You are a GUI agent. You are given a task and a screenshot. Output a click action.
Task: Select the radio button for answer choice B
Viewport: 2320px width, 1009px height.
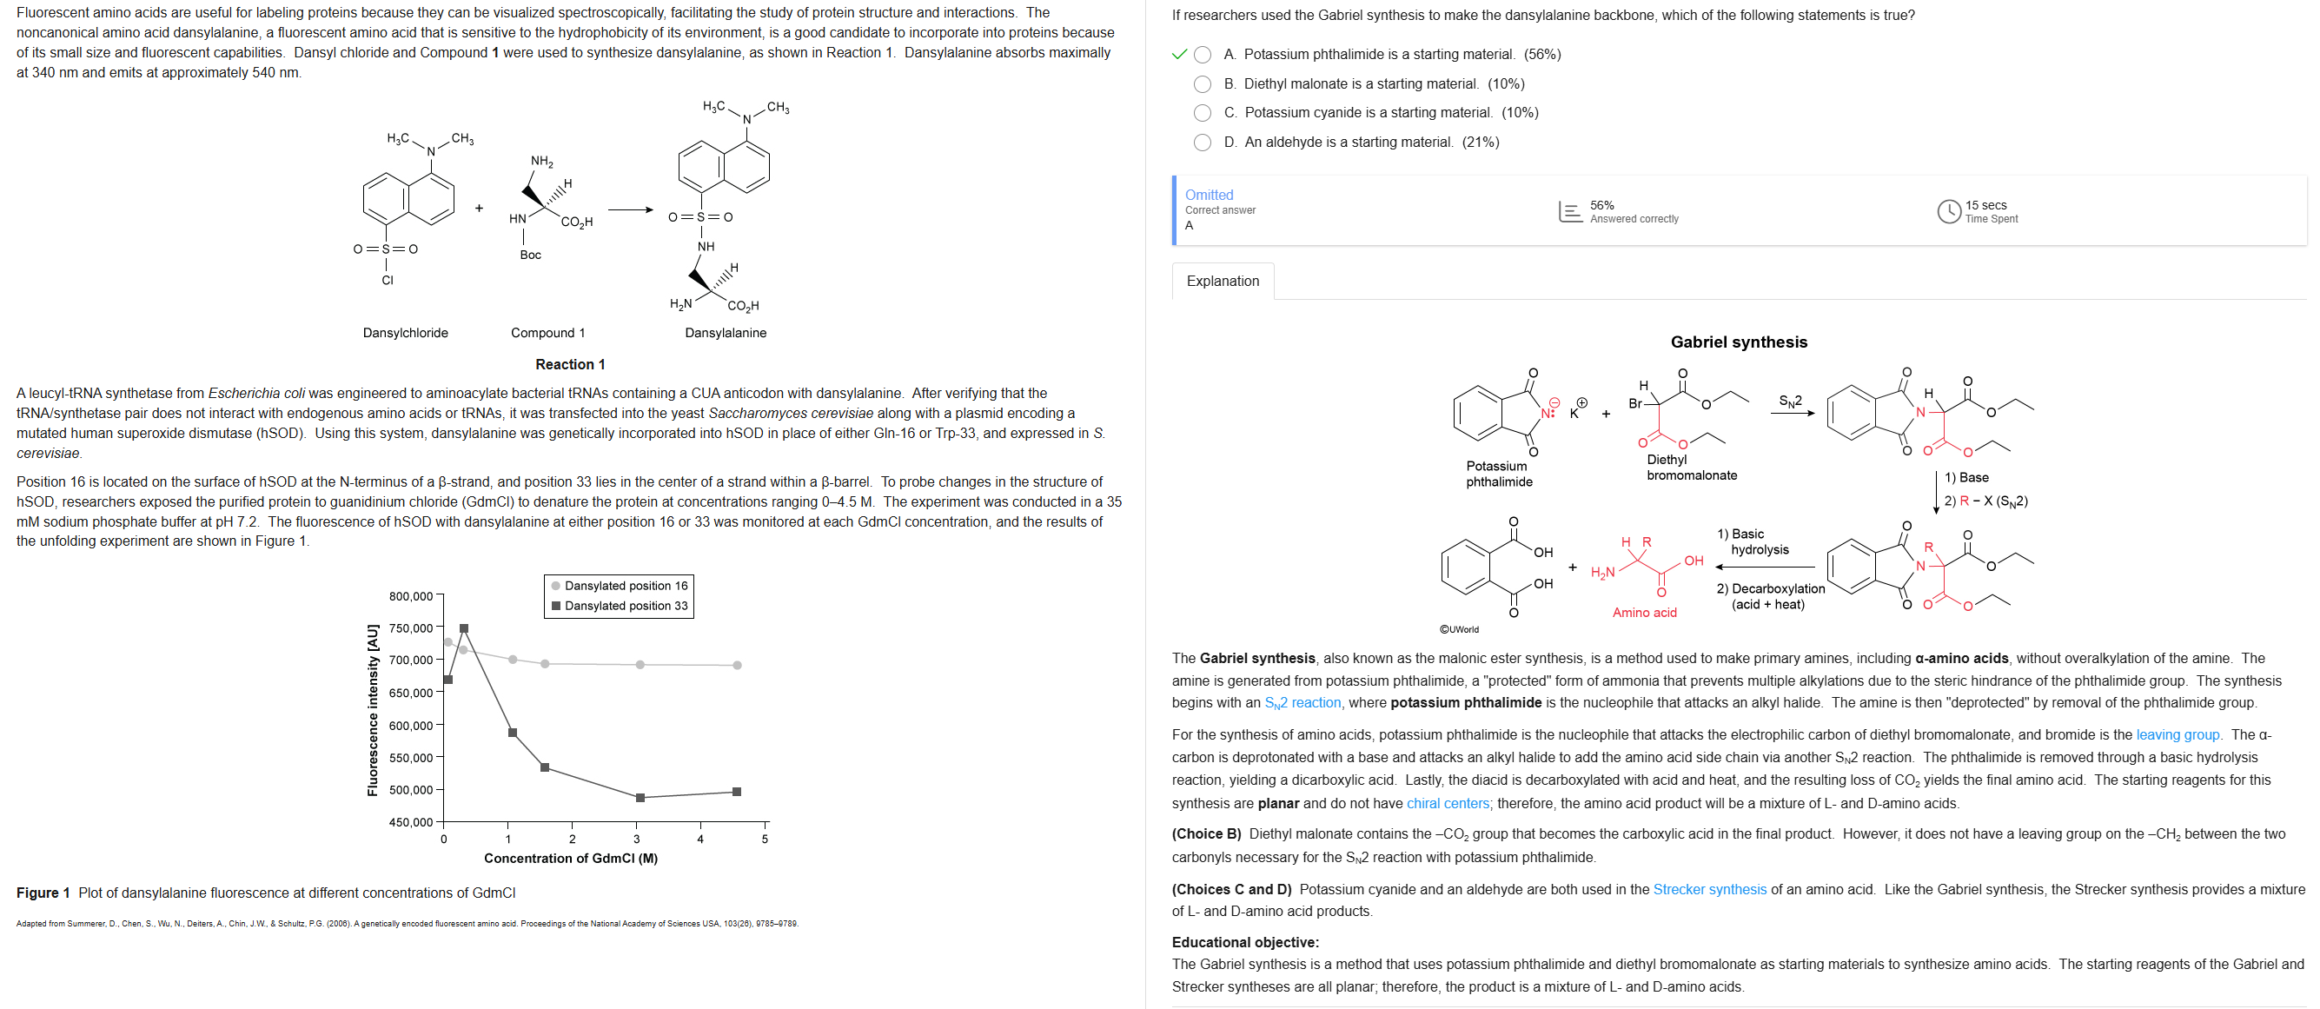point(1203,83)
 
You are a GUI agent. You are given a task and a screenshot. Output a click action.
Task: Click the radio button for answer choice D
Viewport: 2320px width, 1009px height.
point(1203,143)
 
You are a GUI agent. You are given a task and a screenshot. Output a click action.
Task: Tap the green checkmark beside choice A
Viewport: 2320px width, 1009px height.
point(1179,54)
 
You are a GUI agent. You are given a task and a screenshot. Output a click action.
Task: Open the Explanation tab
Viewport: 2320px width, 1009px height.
point(1223,281)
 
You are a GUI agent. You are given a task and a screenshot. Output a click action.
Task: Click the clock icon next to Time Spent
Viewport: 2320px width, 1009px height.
point(1948,212)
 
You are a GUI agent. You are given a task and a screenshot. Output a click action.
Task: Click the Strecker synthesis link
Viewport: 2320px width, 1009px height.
point(1708,889)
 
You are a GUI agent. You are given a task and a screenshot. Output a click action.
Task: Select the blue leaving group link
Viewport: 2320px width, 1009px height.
point(2177,734)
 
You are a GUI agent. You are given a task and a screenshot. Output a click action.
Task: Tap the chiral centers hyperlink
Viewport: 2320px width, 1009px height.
point(1448,803)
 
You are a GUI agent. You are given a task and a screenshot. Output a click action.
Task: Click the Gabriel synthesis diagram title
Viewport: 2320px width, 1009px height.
point(1738,342)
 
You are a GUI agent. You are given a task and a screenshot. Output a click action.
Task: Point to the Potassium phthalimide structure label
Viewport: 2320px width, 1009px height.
point(1499,474)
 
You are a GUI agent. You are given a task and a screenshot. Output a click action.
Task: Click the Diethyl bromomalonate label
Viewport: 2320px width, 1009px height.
point(1692,468)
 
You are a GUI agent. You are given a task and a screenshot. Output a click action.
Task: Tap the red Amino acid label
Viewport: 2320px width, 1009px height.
point(1644,613)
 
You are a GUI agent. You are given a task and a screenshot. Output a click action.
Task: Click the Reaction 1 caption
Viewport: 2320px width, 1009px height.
point(570,364)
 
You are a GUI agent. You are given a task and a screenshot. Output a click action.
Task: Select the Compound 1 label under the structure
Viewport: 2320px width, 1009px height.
point(547,333)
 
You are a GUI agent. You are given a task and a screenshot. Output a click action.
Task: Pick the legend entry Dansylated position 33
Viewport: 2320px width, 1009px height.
point(625,606)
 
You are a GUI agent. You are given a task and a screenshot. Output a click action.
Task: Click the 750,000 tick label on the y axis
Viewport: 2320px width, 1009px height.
point(411,628)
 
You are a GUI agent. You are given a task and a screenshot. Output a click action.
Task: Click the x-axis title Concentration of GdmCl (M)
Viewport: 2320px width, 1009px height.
point(570,858)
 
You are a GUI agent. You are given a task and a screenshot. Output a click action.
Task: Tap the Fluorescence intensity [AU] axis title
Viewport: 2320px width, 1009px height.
point(372,711)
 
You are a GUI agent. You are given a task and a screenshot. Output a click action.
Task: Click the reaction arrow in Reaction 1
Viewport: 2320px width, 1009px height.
point(631,211)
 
